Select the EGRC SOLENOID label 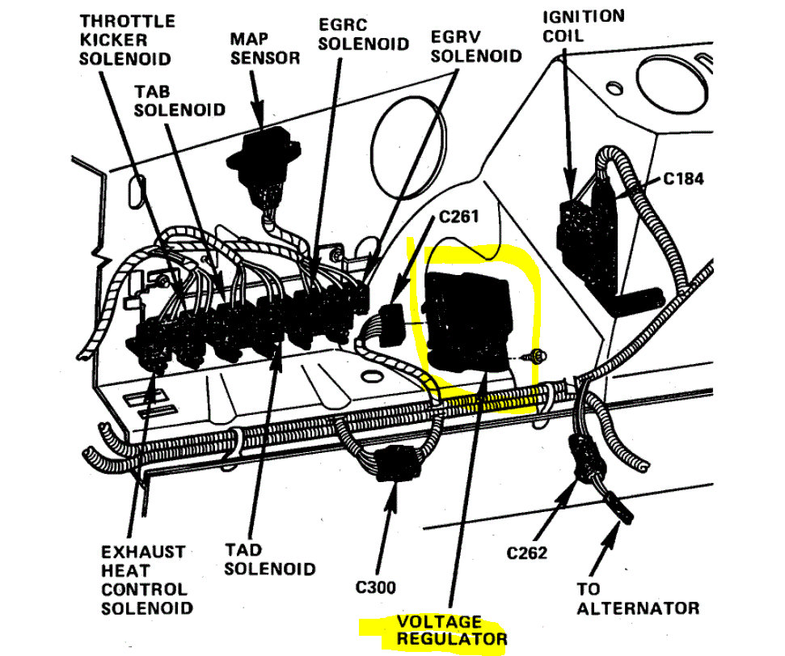pyautogui.click(x=363, y=32)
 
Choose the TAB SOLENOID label pyautogui.click(x=179, y=100)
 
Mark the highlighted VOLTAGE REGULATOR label pyautogui.click(x=450, y=631)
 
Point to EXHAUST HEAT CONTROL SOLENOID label pyautogui.click(x=143, y=579)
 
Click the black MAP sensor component pyautogui.click(x=264, y=162)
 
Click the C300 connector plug pyautogui.click(x=395, y=465)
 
